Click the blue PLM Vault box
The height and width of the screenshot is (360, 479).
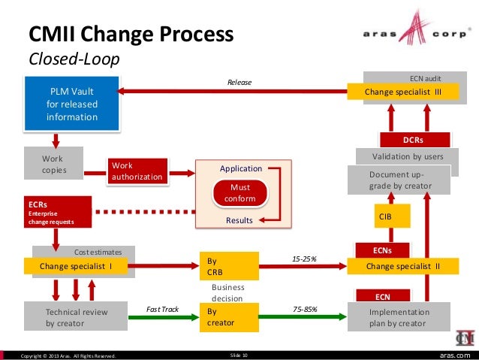(x=72, y=104)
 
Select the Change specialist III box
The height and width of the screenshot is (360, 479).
(x=402, y=92)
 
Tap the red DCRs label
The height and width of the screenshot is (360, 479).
(x=413, y=140)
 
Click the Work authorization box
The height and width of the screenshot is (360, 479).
(x=137, y=171)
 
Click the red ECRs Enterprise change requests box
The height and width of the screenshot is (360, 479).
(x=58, y=212)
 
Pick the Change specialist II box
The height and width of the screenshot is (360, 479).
(x=403, y=266)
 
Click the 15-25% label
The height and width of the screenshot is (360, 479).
(x=303, y=259)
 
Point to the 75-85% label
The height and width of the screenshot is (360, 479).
(x=303, y=309)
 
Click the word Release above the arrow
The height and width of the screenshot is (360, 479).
(x=239, y=82)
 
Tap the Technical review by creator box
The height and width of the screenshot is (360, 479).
(x=77, y=317)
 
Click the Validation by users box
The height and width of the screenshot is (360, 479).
(x=407, y=156)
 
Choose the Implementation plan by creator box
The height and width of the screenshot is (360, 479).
(x=399, y=317)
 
